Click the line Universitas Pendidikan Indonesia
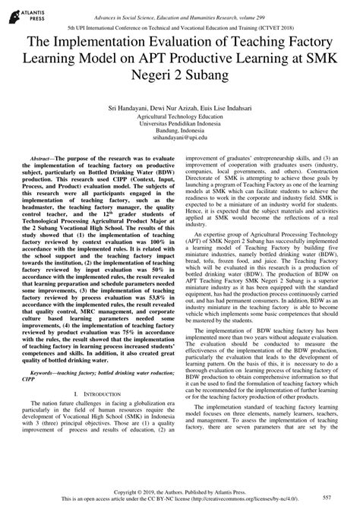pyautogui.click(x=179, y=125)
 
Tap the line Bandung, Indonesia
pyautogui.click(x=179, y=133)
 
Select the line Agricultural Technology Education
pyautogui.click(x=179, y=118)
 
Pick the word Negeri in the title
pyautogui.click(x=156, y=77)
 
